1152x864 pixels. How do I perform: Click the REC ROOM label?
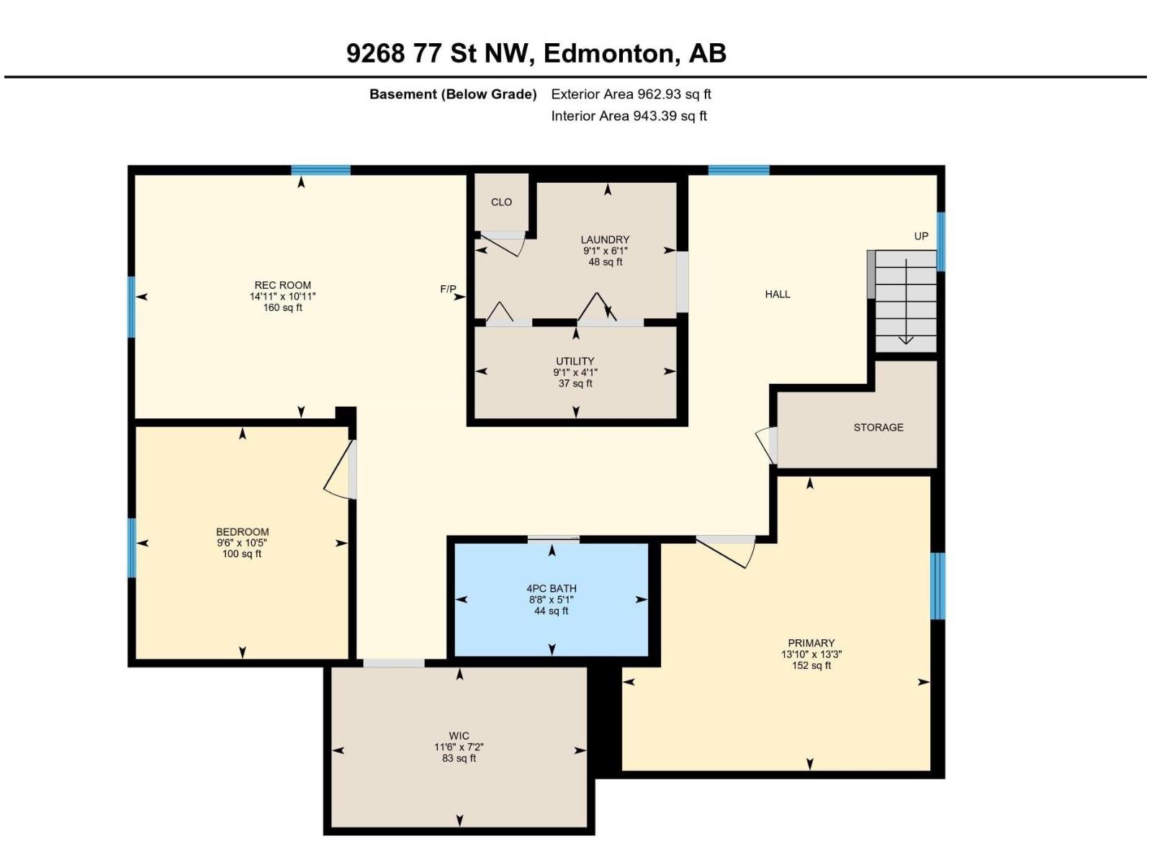[x=282, y=285]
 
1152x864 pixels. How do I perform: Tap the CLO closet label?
[x=501, y=202]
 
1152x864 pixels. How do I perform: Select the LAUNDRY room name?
[x=605, y=240]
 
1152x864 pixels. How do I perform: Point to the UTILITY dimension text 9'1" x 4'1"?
[x=575, y=372]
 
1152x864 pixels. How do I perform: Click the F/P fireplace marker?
[x=449, y=289]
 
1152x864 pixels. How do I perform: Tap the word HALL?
[x=778, y=294]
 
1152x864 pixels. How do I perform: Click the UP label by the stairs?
[x=921, y=236]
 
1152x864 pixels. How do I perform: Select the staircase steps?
[x=906, y=301]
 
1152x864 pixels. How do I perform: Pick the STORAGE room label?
[x=878, y=428]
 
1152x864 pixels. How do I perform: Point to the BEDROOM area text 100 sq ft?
[x=241, y=554]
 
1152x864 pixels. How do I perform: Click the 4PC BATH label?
[x=551, y=588]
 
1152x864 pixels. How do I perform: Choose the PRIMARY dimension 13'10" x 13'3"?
[x=811, y=654]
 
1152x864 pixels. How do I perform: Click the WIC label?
[x=459, y=736]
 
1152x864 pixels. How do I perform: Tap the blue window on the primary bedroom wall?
[x=938, y=586]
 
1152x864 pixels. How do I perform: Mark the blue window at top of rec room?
[x=320, y=170]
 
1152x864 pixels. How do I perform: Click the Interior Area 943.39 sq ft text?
[x=629, y=116]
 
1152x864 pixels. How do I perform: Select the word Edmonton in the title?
[x=608, y=53]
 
